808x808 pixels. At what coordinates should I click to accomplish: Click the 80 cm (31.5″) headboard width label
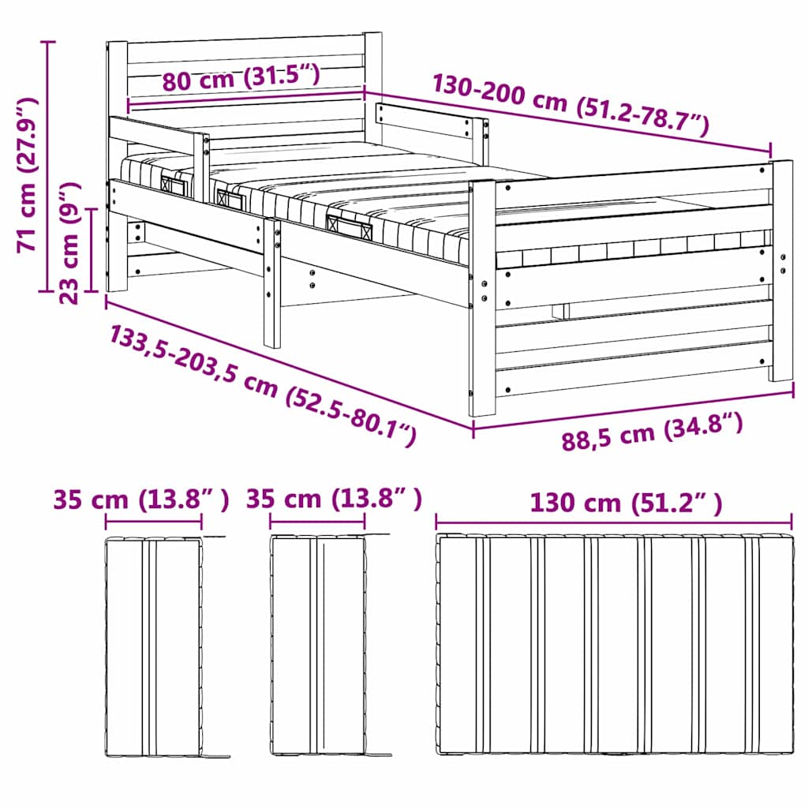tap(241, 78)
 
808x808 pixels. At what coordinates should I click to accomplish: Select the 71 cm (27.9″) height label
tap(27, 174)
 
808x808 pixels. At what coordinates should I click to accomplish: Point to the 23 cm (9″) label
tap(69, 242)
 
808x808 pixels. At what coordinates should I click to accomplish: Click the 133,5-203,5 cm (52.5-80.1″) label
tap(262, 384)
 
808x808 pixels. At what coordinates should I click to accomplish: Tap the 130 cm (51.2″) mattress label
tap(626, 503)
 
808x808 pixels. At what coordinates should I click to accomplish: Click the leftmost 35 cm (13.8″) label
tap(141, 499)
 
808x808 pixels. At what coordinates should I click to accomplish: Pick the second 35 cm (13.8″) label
tap(334, 499)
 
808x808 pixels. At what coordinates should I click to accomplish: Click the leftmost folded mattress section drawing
tap(154, 647)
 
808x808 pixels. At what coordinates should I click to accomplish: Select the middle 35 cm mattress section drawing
tap(318, 645)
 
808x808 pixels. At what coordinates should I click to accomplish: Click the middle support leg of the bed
tap(272, 282)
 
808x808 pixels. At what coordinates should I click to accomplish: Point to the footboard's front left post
tap(482, 298)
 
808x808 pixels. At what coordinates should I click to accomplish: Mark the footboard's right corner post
tap(782, 271)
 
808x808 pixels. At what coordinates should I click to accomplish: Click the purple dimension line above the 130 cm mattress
tap(614, 522)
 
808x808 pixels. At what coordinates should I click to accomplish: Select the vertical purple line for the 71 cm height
tap(48, 166)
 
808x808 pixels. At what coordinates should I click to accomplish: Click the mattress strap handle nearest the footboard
tap(350, 228)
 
